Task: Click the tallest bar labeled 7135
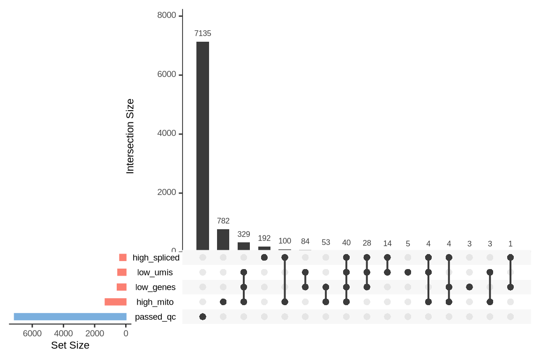(202, 145)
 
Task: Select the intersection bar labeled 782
(223, 240)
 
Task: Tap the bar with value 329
(244, 246)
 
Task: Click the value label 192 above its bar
(264, 238)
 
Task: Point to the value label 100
(285, 241)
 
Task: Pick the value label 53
(326, 242)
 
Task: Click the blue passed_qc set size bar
(70, 316)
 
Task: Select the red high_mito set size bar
(115, 302)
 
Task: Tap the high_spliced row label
(156, 257)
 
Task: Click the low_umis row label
(155, 272)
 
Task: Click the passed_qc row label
(155, 317)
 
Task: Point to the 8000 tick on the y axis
(167, 16)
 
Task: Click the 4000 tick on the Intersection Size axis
(167, 134)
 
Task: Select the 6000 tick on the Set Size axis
(32, 333)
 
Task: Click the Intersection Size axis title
(130, 136)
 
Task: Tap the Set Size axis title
(70, 346)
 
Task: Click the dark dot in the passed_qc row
(202, 317)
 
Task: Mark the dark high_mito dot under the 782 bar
(223, 302)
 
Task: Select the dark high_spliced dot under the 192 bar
(264, 257)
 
